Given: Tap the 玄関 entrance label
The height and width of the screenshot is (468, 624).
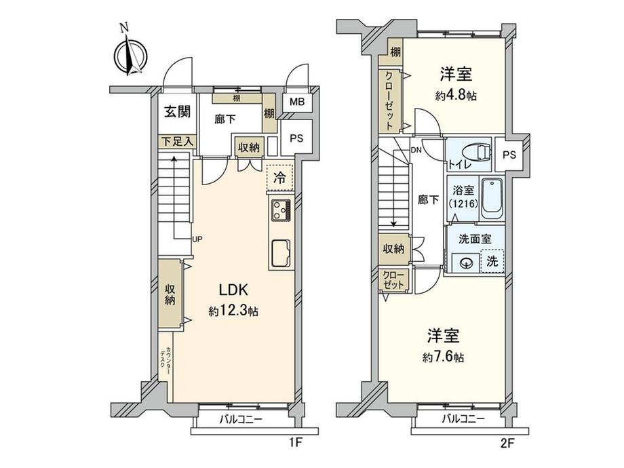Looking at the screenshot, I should point(174,113).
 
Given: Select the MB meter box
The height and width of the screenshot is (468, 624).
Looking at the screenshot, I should point(297,102).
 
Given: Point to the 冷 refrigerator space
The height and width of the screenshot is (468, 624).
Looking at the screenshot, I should point(279,179).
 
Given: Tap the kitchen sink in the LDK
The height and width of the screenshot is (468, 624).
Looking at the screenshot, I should point(281,254).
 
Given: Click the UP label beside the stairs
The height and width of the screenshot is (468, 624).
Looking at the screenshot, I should point(197,239).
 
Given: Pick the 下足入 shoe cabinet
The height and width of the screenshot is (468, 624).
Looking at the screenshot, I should point(178,142).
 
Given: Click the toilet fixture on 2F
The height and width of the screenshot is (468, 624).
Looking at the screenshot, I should point(477,152).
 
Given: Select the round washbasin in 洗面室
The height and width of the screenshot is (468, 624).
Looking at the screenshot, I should point(466,262).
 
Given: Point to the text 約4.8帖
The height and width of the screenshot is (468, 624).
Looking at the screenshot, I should point(455,96).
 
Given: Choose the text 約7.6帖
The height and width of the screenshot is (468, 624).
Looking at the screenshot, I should point(444,357).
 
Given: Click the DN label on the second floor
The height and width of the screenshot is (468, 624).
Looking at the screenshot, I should point(416,151).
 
